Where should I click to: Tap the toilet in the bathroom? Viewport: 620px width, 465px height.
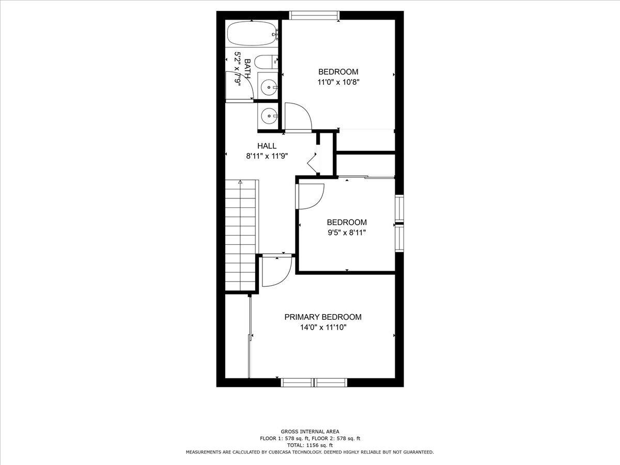point(266,63)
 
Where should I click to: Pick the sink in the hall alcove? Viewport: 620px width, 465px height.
point(268,116)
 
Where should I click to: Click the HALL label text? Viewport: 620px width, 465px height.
point(267,146)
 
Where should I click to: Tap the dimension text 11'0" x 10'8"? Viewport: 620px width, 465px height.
point(338,82)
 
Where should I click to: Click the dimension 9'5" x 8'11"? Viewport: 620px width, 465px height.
point(346,232)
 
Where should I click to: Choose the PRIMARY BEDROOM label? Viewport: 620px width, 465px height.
point(323,317)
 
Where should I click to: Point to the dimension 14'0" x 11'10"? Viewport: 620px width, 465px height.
point(323,327)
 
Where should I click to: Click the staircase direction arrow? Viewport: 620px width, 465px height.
point(240,182)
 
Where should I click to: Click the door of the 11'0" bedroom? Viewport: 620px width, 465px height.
point(297,117)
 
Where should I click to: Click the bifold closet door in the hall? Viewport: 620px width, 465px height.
point(313,160)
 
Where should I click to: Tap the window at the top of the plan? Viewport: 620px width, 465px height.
point(314,15)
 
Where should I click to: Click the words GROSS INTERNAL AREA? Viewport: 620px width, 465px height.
point(310,431)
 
